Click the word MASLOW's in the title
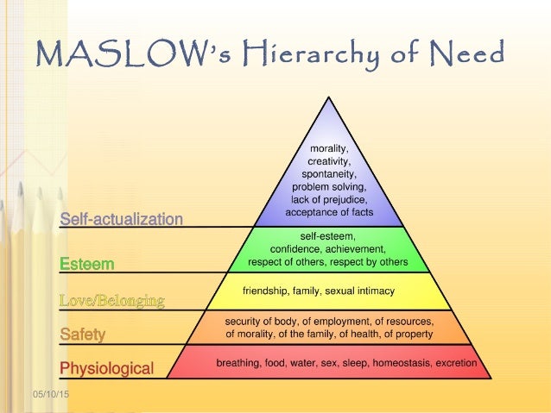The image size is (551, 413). point(134,53)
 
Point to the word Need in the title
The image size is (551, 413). point(468,53)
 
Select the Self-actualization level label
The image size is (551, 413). point(121,219)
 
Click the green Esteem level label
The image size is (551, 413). point(87,264)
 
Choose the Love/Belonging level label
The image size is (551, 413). point(111,301)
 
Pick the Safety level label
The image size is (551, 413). point(83,334)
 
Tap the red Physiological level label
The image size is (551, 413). point(107,368)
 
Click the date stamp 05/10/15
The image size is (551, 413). point(51,394)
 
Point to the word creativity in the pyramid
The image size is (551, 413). point(329,161)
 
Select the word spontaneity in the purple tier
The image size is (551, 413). point(329,174)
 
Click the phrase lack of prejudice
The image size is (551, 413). point(329,200)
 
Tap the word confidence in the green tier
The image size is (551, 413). point(296,249)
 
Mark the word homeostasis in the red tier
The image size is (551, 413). point(402,363)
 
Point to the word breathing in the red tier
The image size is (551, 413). point(238,363)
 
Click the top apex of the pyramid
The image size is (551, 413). point(328,97)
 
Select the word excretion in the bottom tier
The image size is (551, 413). point(456,363)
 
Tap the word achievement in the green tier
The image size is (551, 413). point(355,249)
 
